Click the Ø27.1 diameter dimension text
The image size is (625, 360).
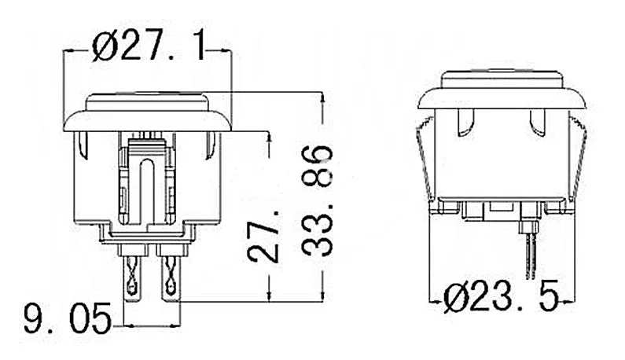point(149,47)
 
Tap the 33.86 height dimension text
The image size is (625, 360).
point(317,200)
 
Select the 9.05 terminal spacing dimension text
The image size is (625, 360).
point(68,318)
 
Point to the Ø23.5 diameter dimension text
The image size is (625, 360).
point(502,298)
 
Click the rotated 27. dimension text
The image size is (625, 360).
point(263,237)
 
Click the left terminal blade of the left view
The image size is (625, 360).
point(132,278)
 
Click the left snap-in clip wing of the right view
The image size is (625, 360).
point(425,160)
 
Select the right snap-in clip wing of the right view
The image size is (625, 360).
point(578,160)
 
